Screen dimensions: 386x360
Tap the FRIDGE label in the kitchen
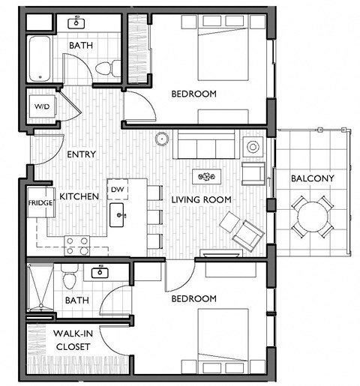[x=40, y=203]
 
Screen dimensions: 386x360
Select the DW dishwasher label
[x=117, y=190]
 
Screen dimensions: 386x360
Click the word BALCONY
[x=313, y=178]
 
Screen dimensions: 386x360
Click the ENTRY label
[x=81, y=154]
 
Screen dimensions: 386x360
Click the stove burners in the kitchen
[x=77, y=243]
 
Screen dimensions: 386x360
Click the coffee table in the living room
[x=205, y=177]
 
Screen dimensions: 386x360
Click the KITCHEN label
[x=79, y=196]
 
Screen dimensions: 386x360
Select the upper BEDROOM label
[x=193, y=94]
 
